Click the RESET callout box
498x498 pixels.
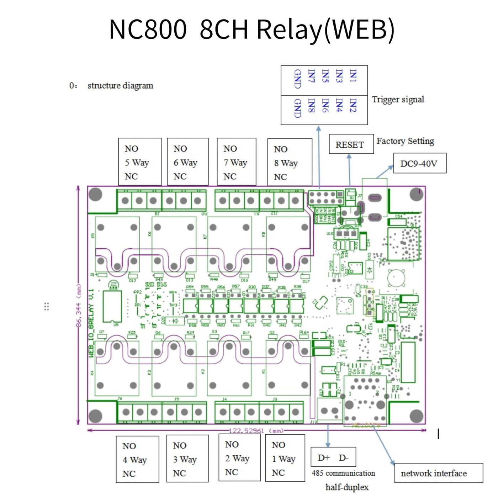(x=351, y=144)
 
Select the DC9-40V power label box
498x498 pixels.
(x=419, y=163)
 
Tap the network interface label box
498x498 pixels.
(x=438, y=473)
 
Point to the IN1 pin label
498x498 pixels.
(x=353, y=75)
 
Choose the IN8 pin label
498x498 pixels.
(x=311, y=105)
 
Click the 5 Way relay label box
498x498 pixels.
(x=140, y=162)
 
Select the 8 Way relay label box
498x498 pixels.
(x=289, y=163)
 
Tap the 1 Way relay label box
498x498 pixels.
(x=285, y=458)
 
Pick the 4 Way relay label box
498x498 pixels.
(x=137, y=459)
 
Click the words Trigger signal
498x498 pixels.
(x=398, y=99)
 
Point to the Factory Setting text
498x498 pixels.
(x=405, y=141)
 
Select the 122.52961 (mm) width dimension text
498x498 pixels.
(x=256, y=431)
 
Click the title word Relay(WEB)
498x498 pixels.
(x=325, y=29)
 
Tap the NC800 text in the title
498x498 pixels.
(x=148, y=29)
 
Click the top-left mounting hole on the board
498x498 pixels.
(x=95, y=194)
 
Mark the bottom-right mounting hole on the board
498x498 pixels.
(x=416, y=416)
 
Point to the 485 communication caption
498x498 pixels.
(x=343, y=473)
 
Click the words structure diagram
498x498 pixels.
(x=120, y=86)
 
